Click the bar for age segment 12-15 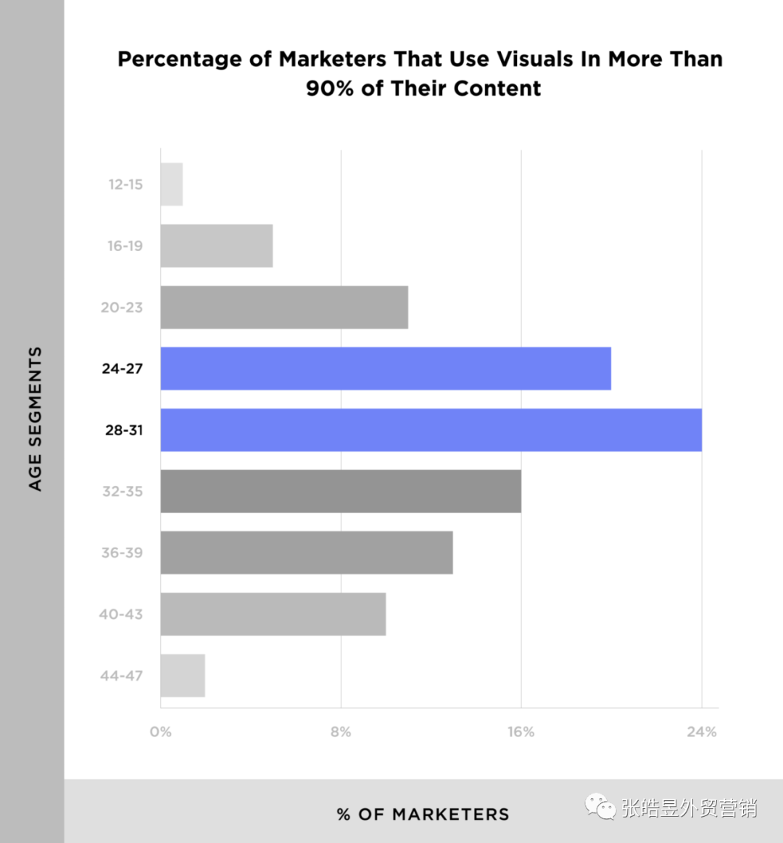[x=172, y=184]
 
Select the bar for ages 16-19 [x=217, y=246]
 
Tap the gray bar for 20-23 [x=284, y=307]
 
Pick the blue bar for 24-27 [x=386, y=369]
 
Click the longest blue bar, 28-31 [x=431, y=429]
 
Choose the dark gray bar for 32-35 [x=341, y=491]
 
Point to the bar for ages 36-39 [x=307, y=553]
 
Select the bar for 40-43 [x=273, y=614]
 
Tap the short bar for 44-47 [x=183, y=675]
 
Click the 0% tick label [x=161, y=732]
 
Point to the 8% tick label [x=341, y=732]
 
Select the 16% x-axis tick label [x=521, y=732]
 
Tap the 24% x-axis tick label [x=701, y=732]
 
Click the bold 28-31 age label [x=124, y=430]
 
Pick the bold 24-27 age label [x=123, y=369]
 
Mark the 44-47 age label [x=121, y=675]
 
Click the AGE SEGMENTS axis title [x=35, y=419]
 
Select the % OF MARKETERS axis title [x=423, y=814]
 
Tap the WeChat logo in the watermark [x=601, y=806]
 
